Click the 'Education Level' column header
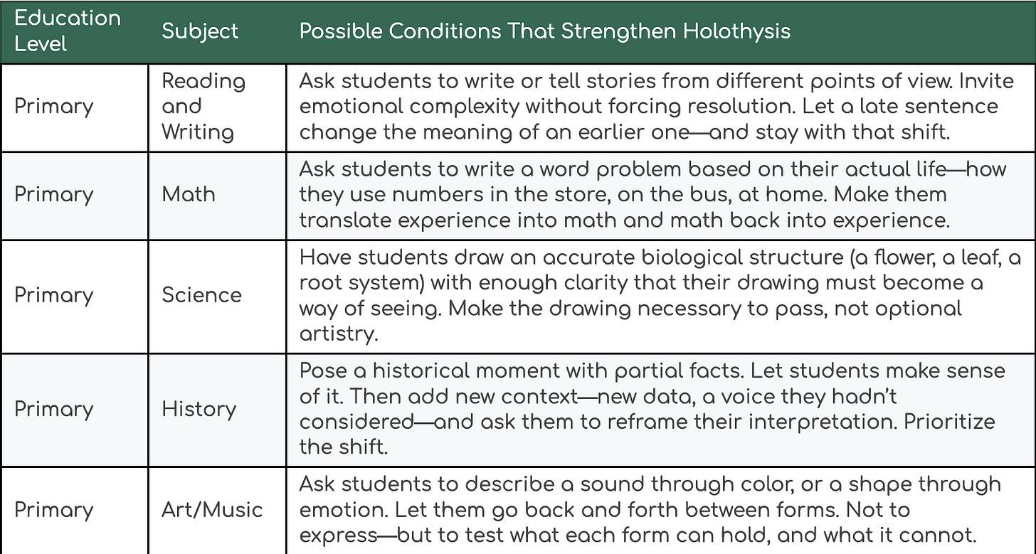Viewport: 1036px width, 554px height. point(68,31)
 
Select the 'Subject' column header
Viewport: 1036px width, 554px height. point(200,31)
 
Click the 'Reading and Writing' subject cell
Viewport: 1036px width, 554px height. point(203,107)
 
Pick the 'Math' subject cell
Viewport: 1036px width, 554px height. point(188,195)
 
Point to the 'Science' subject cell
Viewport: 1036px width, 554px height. point(201,295)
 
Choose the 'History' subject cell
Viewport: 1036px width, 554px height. point(199,409)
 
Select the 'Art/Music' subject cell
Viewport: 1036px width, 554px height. point(212,509)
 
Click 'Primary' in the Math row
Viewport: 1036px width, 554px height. point(54,195)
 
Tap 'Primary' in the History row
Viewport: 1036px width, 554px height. point(54,409)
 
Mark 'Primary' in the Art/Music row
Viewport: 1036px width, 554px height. point(54,509)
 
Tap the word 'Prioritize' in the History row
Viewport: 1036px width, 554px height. point(950,421)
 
